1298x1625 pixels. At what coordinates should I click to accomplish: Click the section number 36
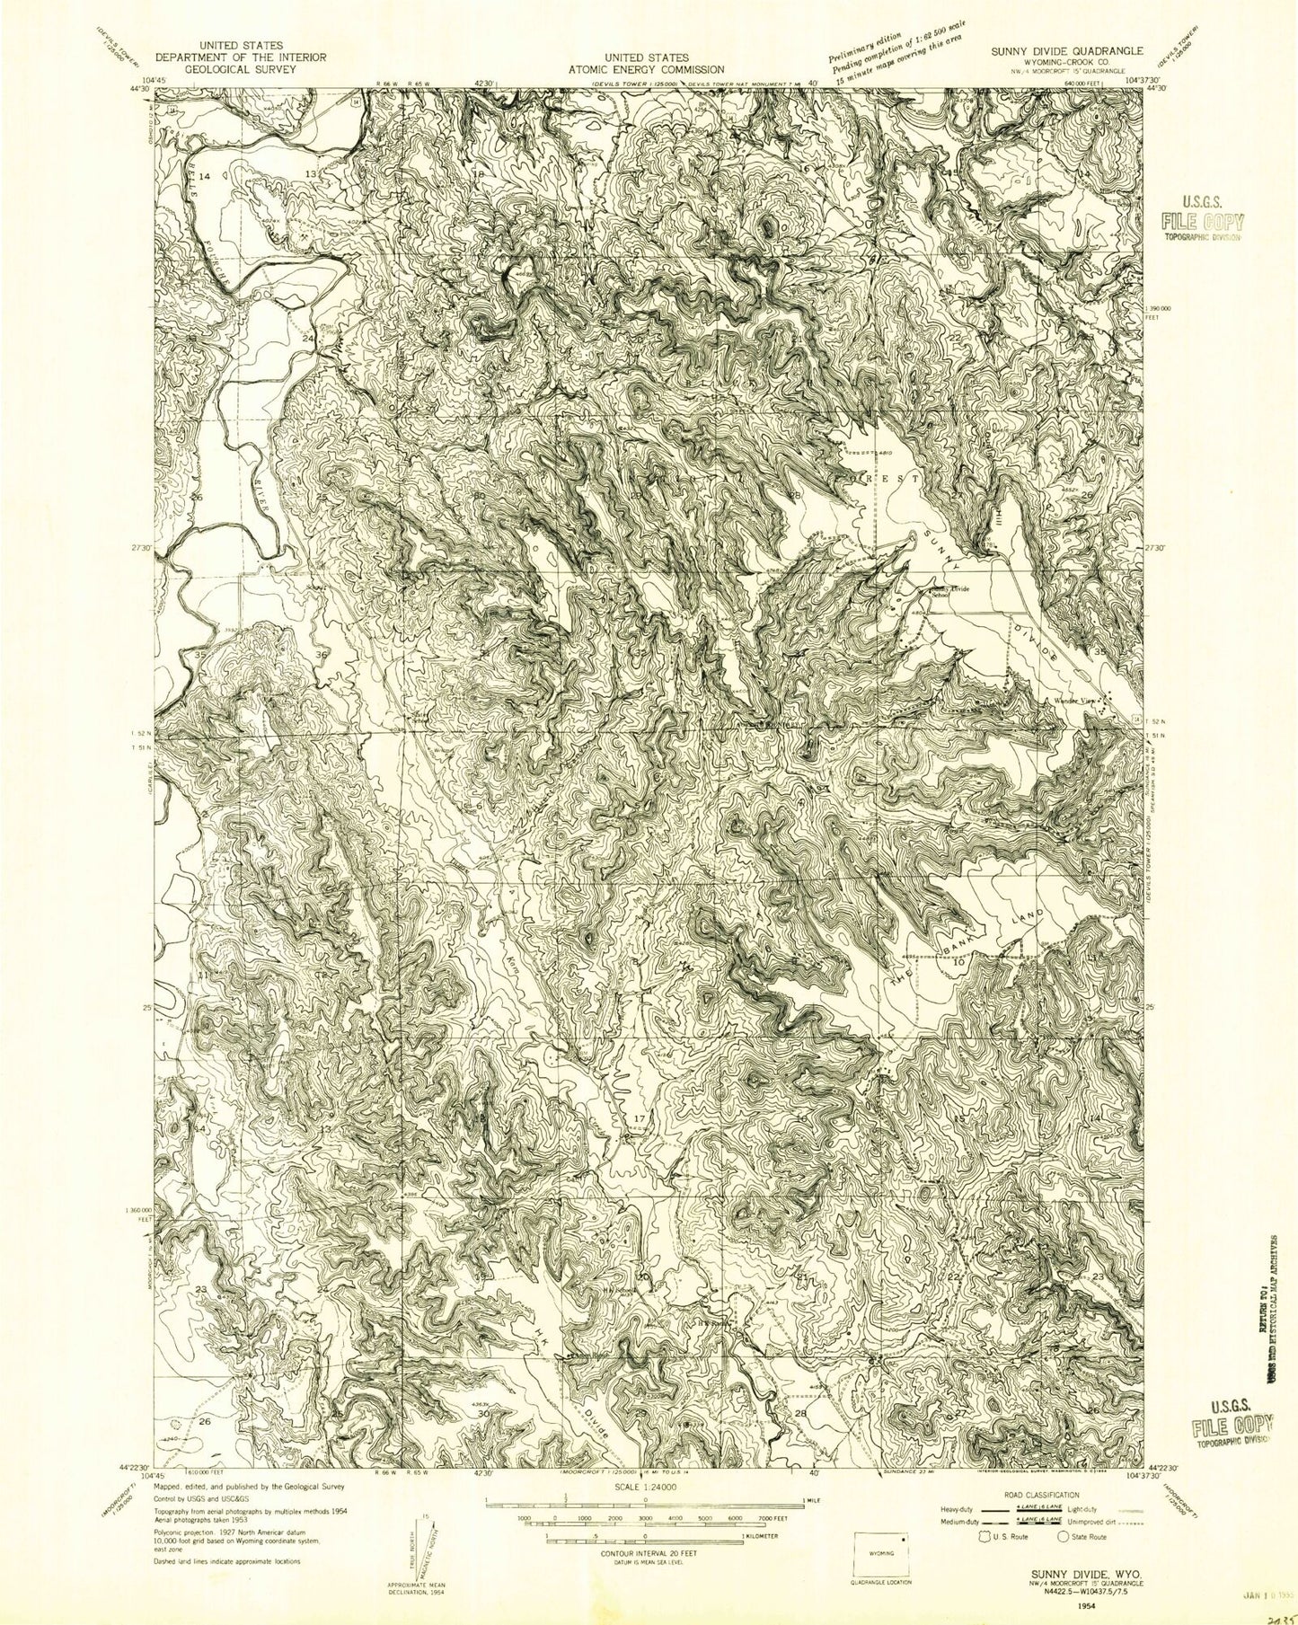pyautogui.click(x=322, y=656)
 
